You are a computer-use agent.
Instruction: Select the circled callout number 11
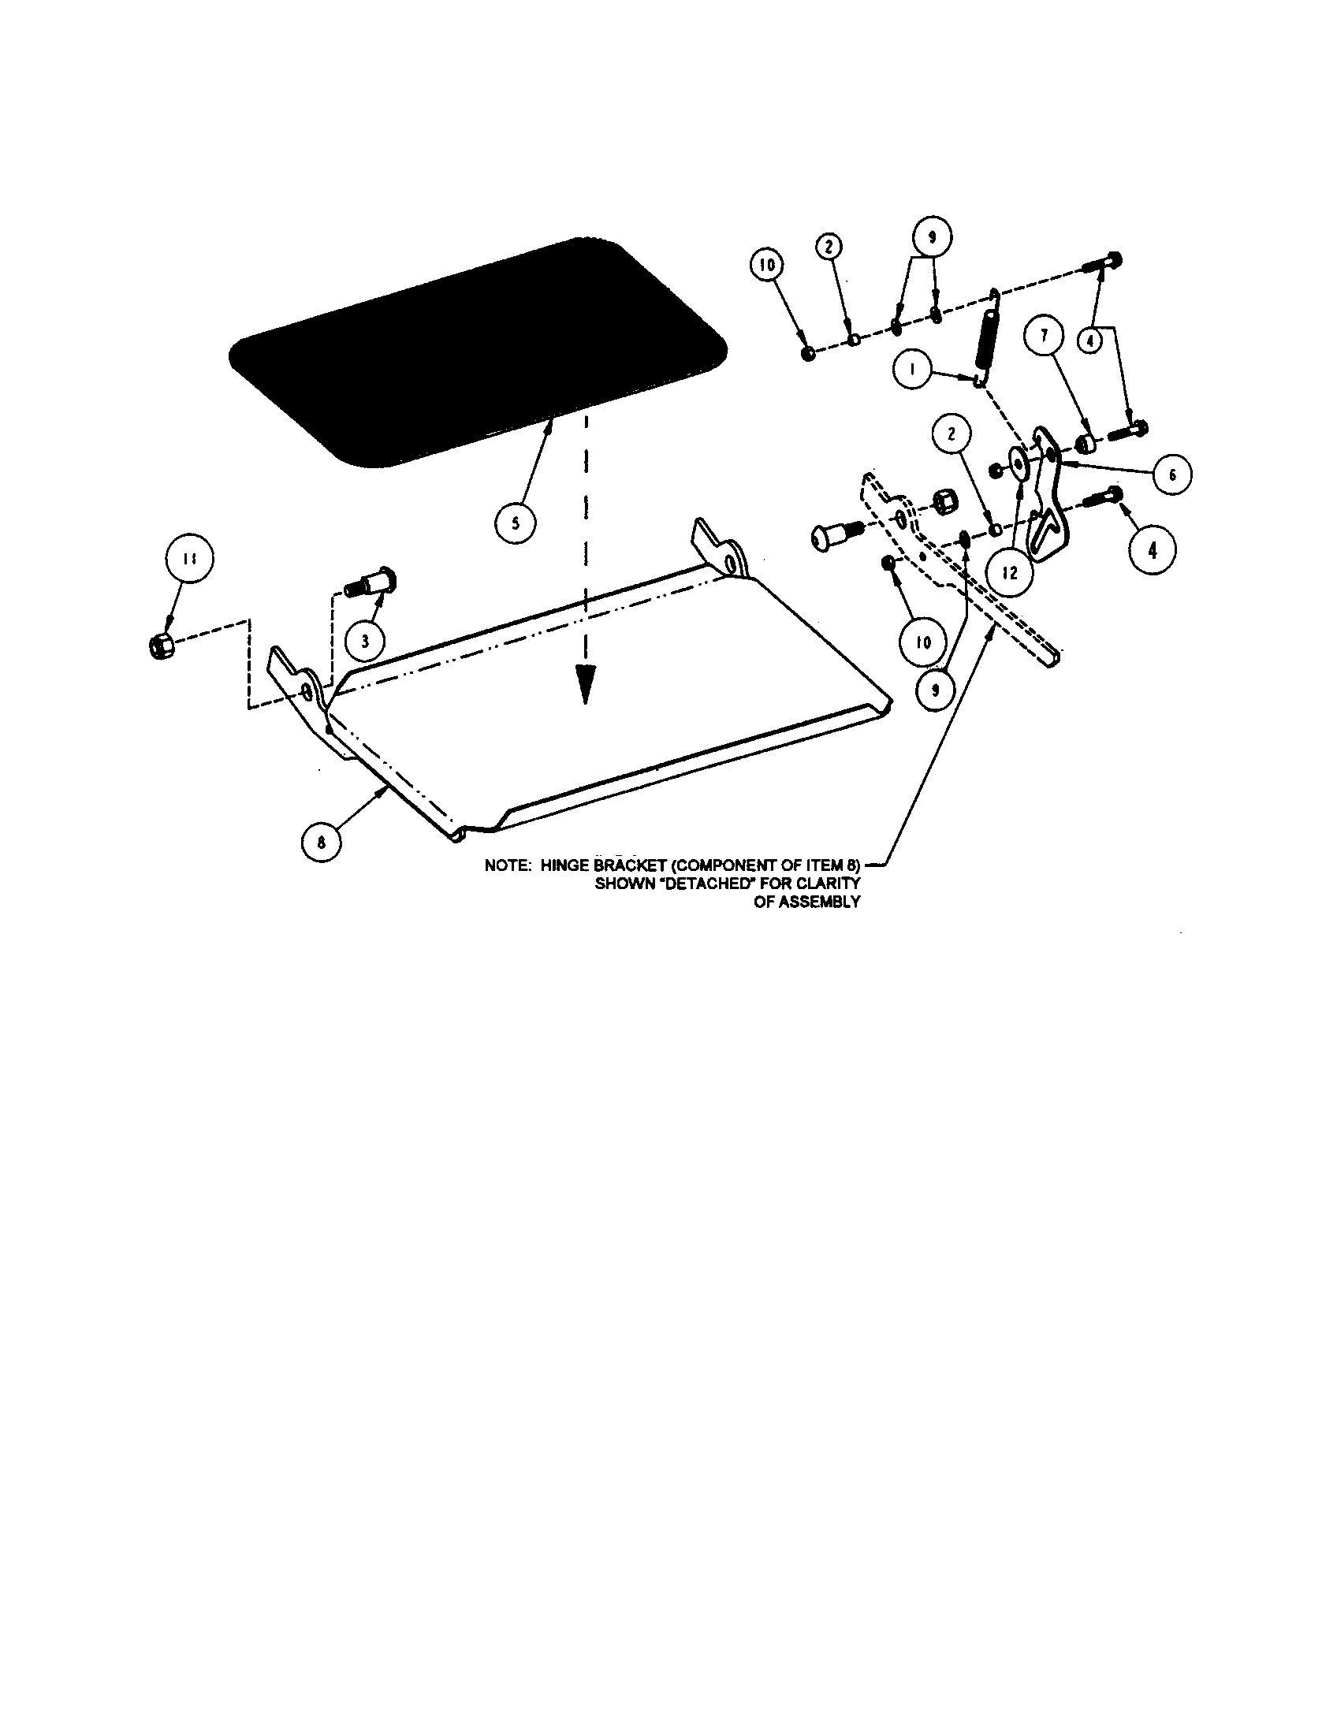[x=188, y=558]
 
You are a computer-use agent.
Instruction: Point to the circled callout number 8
[x=322, y=843]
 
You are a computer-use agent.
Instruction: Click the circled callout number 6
[x=1171, y=476]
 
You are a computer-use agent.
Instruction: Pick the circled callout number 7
[x=1044, y=336]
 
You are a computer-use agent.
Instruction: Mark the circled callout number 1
[x=913, y=369]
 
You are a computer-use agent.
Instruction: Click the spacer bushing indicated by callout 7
[x=1086, y=441]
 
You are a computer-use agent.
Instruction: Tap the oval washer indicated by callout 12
[x=1018, y=463]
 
